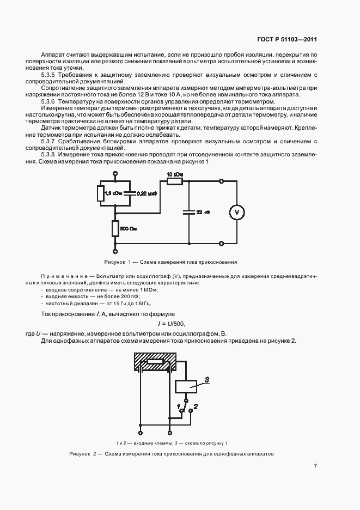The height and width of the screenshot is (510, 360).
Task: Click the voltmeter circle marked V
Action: tap(237, 211)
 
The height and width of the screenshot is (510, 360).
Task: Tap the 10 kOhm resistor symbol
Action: tap(174, 181)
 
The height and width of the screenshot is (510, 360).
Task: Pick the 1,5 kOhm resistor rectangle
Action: tap(101, 193)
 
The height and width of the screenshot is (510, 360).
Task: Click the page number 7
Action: tap(315, 465)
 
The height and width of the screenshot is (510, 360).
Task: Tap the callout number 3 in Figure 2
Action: tap(206, 379)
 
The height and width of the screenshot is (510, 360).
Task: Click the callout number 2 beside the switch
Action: tap(196, 406)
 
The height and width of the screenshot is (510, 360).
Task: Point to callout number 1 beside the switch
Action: tap(178, 406)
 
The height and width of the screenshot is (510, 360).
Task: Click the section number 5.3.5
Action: tap(51, 74)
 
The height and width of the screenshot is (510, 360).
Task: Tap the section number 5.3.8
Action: tap(51, 155)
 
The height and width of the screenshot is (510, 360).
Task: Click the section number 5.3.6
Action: tap(51, 102)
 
